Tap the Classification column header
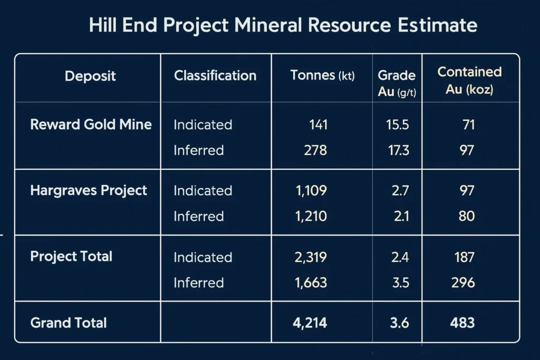click(215, 76)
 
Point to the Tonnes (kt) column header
click(323, 76)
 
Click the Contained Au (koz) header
click(469, 81)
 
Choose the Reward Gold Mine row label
click(91, 125)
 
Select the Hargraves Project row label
click(89, 190)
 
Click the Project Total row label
click(71, 257)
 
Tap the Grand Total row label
click(69, 323)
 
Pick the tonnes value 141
click(318, 125)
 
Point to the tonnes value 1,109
click(311, 190)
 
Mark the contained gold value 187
click(464, 257)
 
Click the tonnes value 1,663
click(311, 283)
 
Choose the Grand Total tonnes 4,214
click(310, 323)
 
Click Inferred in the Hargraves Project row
click(198, 216)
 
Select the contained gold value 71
click(468, 125)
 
